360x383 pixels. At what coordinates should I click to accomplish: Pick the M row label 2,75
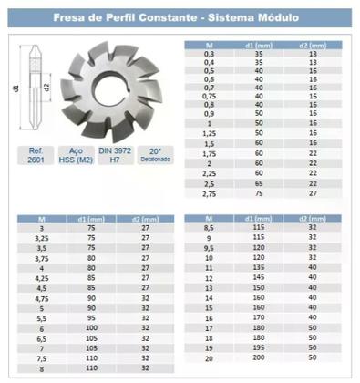[211, 193]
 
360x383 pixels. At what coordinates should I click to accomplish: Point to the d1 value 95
[91, 318]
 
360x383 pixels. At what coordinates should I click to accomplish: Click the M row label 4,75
[41, 298]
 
